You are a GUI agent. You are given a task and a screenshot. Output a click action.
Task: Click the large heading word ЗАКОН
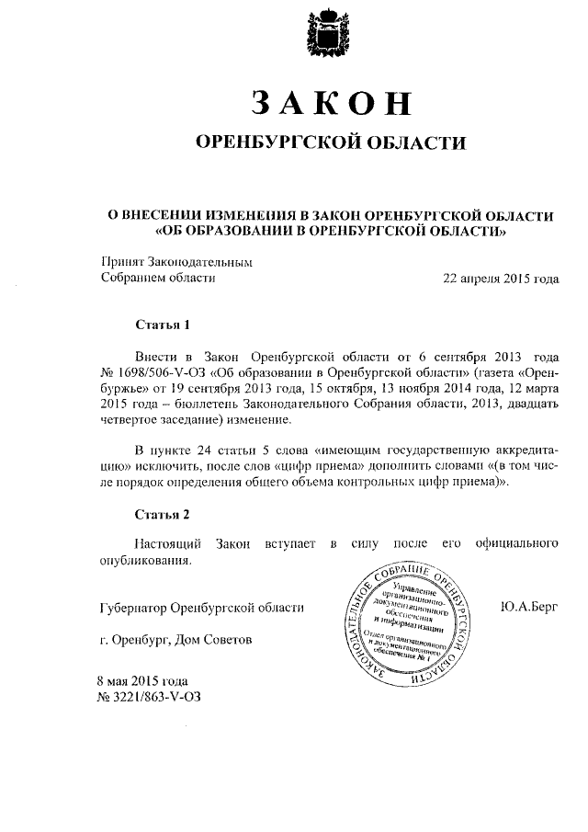[x=329, y=102]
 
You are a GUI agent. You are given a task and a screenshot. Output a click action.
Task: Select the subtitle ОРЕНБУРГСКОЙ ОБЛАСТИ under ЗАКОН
[x=329, y=142]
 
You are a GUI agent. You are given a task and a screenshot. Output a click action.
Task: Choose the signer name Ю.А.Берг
[x=528, y=607]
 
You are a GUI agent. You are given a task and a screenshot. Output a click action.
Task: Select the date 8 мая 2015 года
[x=142, y=681]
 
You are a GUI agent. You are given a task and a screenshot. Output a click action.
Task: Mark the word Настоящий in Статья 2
[x=167, y=545]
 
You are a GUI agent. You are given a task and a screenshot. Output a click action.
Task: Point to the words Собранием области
[x=157, y=278]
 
